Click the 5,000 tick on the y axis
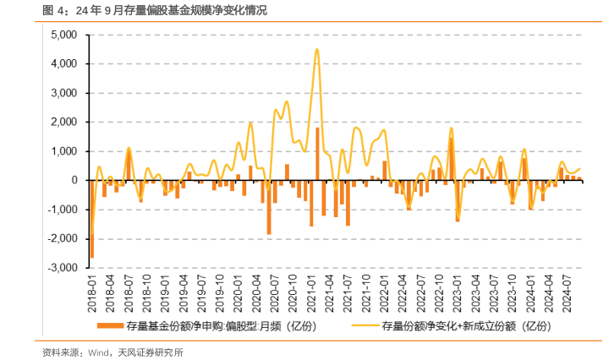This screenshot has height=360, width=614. click(63, 35)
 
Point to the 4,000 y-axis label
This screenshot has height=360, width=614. click(63, 64)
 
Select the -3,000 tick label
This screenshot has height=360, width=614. click(61, 268)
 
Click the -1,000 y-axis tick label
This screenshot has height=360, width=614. click(61, 210)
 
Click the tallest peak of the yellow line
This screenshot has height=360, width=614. click(316, 49)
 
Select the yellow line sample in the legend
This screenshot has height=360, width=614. click(365, 325)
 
